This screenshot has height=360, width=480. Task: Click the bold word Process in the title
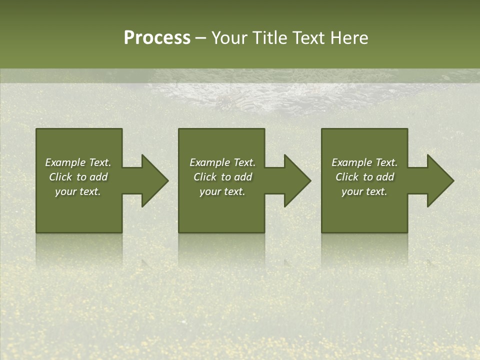point(157,38)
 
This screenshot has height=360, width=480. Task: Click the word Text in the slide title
point(310,38)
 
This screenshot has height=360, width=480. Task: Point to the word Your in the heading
point(230,38)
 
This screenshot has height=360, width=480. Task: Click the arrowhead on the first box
point(155,180)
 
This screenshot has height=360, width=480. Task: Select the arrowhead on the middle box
point(297,180)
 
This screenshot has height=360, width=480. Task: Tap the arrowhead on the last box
point(440,180)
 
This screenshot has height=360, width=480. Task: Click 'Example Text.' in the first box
point(78,162)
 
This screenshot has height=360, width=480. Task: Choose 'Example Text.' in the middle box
point(222,162)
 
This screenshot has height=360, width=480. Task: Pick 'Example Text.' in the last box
point(364,162)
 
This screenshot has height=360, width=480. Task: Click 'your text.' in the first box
point(78,191)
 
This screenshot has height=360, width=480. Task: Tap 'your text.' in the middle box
point(222,191)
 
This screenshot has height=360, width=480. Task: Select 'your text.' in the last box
point(364,191)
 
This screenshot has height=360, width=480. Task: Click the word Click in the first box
point(60,177)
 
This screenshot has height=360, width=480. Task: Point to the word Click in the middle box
point(205,177)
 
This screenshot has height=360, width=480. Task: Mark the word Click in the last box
point(347,177)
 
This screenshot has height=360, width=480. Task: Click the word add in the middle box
point(243,177)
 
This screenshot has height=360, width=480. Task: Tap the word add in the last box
point(385,177)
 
